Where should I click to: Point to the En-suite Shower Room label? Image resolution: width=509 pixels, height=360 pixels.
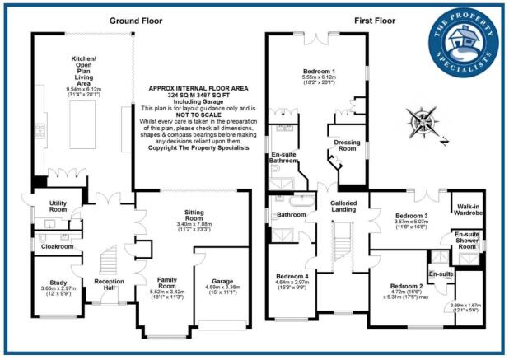coord(468,241)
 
